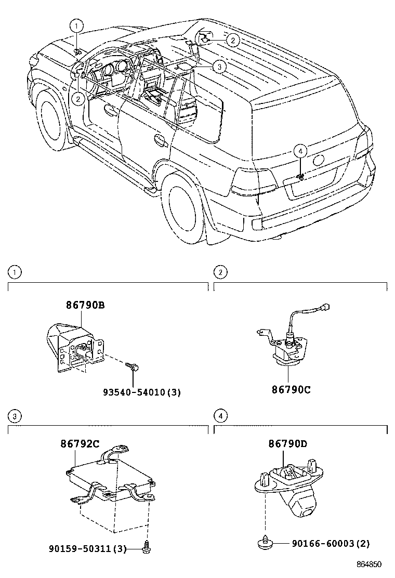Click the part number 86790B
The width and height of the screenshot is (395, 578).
click(x=85, y=306)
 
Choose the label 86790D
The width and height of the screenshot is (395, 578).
click(x=287, y=444)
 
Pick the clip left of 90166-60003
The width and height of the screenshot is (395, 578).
click(x=265, y=542)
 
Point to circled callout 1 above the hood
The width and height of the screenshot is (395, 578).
click(x=76, y=25)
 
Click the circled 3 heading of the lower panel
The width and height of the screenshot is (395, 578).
click(x=16, y=415)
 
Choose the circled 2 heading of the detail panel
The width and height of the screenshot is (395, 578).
click(x=221, y=271)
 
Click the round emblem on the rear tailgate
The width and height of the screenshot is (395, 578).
click(x=319, y=160)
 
